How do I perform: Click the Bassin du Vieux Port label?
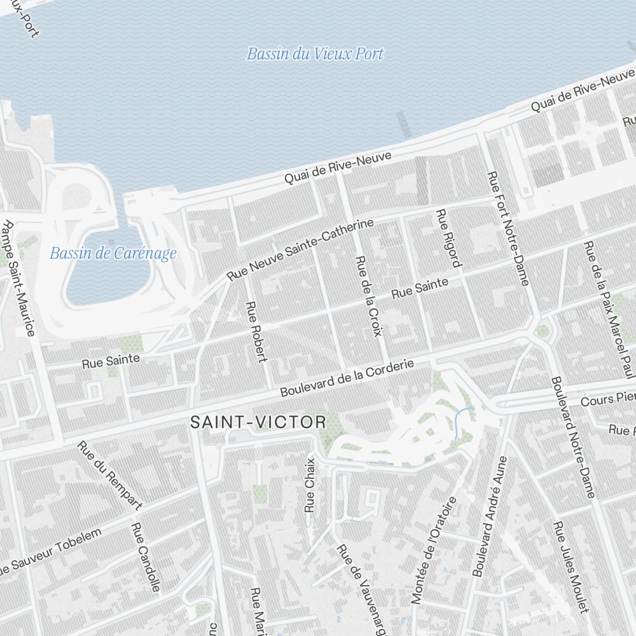pyautogui.click(x=315, y=54)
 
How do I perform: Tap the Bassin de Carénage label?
pyautogui.click(x=113, y=254)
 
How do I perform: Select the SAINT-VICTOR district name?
pyautogui.click(x=258, y=422)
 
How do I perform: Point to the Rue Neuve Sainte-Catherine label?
pyautogui.click(x=300, y=250)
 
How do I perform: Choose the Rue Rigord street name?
pyautogui.click(x=448, y=238)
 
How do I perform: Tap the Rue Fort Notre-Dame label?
pyautogui.click(x=508, y=228)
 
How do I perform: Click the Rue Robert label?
pyautogui.click(x=256, y=331)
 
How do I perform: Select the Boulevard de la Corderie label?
pyautogui.click(x=347, y=378)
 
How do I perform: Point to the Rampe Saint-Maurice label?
pyautogui.click(x=18, y=278)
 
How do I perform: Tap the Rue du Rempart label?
pyautogui.click(x=109, y=474)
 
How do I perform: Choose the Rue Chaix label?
pyautogui.click(x=310, y=485)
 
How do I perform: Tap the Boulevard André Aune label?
pyautogui.click(x=490, y=516)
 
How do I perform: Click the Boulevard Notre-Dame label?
pyautogui.click(x=574, y=436)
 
